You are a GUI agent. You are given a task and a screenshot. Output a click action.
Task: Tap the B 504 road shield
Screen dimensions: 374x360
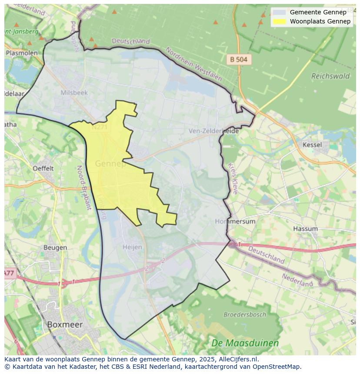tap(239, 60)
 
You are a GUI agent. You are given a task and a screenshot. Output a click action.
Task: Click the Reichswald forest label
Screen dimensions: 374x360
tap(330, 76)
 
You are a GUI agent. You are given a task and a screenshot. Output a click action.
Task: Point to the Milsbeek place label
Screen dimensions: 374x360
tap(74, 93)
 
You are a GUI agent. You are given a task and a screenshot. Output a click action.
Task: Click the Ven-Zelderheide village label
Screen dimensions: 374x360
tap(214, 131)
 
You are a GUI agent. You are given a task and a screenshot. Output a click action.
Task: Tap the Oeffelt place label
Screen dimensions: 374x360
tap(43, 168)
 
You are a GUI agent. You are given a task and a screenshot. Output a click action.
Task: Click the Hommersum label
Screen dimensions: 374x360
tap(235, 221)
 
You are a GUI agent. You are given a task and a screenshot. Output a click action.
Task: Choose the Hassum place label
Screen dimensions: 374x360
tap(305, 228)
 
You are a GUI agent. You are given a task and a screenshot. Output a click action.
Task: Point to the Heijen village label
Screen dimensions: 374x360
tap(132, 247)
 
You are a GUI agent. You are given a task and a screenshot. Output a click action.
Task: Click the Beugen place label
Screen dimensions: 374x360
tap(55, 248)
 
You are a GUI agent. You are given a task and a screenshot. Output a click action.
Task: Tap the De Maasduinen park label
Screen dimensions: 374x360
tap(245, 343)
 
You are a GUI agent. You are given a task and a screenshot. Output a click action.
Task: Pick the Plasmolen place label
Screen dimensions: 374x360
tap(21, 53)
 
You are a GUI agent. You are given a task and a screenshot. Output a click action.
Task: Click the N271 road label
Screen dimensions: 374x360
tap(100, 127)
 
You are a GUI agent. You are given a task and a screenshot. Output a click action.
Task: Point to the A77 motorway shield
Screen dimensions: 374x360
tap(9, 273)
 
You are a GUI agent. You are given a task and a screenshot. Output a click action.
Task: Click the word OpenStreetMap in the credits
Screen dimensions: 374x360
tap(278, 367)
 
